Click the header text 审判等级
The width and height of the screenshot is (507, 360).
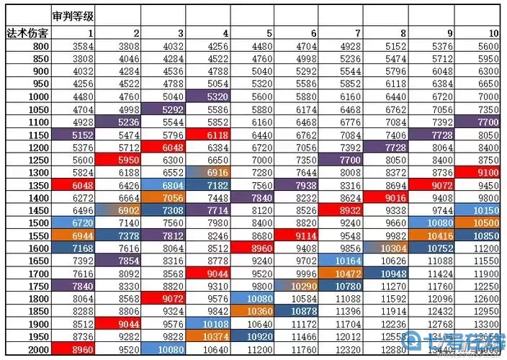click(74, 14)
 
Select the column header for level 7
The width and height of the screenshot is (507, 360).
click(358, 33)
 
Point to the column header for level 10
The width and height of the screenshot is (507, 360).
click(493, 33)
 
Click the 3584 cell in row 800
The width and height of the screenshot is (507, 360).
click(74, 47)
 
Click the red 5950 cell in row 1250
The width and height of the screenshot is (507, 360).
click(118, 160)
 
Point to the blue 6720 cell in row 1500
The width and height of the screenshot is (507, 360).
click(74, 222)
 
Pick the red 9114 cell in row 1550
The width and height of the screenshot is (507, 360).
click(297, 235)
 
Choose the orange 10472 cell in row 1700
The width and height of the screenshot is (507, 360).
click(341, 273)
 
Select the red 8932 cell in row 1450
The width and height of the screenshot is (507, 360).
click(341, 210)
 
